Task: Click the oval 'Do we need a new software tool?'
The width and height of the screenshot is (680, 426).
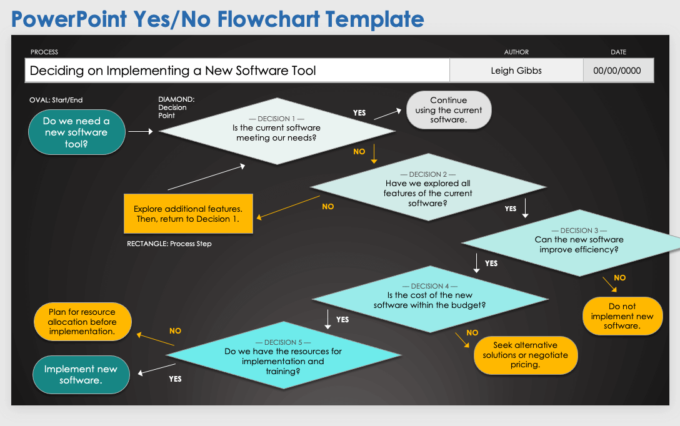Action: pos(76,132)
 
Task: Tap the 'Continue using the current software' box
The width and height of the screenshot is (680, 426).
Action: pos(448,110)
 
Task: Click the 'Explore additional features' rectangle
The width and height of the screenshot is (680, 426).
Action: pos(188,214)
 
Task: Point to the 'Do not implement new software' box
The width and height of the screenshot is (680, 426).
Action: pos(622,316)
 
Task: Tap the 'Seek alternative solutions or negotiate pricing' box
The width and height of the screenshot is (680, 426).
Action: pos(525,355)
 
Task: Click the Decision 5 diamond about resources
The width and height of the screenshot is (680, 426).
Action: pos(283,355)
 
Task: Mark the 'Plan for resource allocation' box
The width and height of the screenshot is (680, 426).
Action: pos(81,322)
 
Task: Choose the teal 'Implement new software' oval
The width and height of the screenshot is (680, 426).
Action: pos(81,375)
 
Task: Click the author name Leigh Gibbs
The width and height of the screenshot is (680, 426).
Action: pos(516,71)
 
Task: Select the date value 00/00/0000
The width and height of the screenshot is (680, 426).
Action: pos(617,71)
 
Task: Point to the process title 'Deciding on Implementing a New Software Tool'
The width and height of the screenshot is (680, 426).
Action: pos(173,71)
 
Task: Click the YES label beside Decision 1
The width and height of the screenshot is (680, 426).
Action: pos(359,113)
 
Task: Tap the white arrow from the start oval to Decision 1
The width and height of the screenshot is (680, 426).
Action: pos(141,132)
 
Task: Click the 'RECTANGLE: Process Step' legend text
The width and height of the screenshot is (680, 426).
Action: pos(169,244)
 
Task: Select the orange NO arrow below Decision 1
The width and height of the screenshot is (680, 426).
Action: pos(374,153)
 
